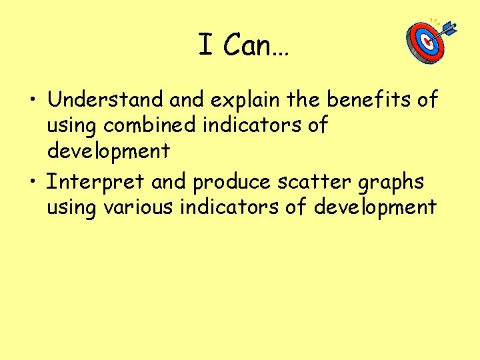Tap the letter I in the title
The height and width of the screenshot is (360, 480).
click(x=205, y=45)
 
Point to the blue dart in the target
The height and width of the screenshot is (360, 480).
click(x=446, y=29)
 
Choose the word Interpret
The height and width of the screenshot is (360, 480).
click(x=95, y=181)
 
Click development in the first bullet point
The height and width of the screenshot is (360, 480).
click(x=108, y=151)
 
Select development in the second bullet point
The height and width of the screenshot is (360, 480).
click(x=375, y=207)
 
